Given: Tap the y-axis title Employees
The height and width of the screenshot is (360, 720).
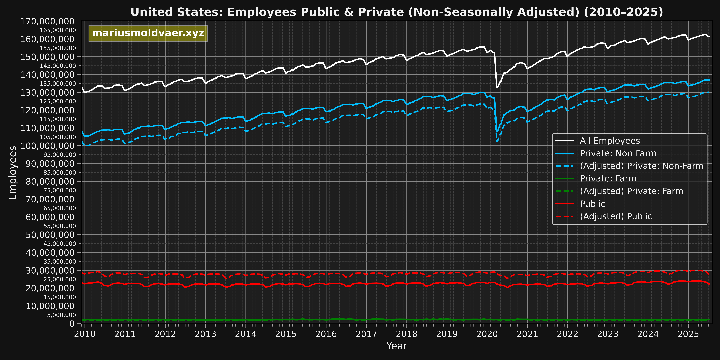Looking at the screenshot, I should coord(13,173).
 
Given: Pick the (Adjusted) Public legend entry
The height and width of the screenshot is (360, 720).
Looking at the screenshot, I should coord(616,216).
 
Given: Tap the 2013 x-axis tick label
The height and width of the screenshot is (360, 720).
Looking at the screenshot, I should coord(205,334).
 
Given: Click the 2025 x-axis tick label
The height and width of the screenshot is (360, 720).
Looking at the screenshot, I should coord(688,334).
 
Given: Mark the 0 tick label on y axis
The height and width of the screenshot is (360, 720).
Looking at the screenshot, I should coord(72,324).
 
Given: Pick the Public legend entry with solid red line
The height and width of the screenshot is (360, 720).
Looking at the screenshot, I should coord(592,204).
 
